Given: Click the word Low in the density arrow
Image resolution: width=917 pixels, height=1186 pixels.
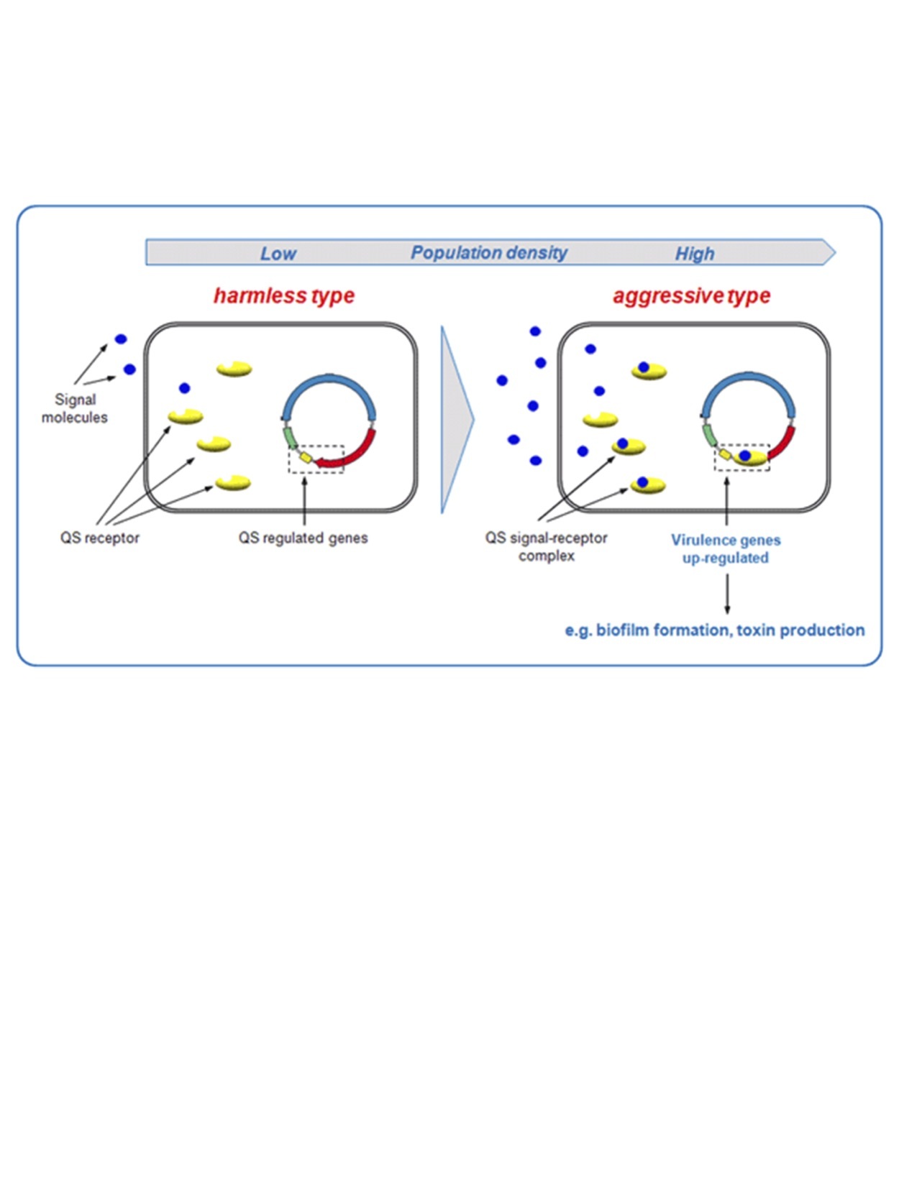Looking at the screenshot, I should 278,254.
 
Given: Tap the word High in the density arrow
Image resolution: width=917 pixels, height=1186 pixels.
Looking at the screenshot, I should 694,254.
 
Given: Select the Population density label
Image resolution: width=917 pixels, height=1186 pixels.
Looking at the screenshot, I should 489,253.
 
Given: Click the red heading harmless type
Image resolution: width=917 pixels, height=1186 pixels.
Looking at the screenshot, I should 284,295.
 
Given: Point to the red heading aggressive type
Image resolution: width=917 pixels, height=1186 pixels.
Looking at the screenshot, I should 691,295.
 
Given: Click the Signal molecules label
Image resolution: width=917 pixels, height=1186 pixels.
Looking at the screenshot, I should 75,408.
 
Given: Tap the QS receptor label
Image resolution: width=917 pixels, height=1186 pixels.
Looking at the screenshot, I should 100,538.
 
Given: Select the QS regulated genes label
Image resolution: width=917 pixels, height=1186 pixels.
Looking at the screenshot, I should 303,538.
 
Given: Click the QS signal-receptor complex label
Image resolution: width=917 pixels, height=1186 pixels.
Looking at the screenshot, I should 547,546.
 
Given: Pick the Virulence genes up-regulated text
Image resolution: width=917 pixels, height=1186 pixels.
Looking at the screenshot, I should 726,548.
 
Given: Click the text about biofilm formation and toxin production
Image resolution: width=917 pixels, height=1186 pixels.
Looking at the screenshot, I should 715,630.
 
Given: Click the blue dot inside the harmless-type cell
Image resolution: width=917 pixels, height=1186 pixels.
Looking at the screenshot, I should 185,388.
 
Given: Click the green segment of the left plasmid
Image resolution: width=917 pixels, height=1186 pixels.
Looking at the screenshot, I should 290,437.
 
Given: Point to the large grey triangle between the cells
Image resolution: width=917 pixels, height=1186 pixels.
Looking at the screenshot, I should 455,419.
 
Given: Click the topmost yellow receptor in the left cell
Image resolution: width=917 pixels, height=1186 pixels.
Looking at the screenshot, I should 234,369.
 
